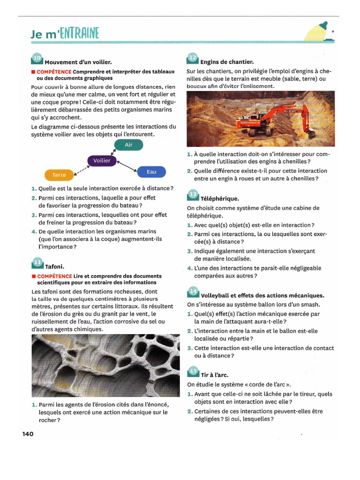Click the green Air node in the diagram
(128, 145)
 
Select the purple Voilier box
(102, 161)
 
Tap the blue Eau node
(151, 172)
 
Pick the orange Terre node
(59, 175)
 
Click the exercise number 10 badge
(37, 59)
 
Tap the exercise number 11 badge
(37, 263)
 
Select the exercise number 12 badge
(193, 59)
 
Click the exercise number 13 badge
(193, 195)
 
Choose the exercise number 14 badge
(193, 292)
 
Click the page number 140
(28, 434)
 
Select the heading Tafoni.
(54, 267)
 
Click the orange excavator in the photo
(277, 120)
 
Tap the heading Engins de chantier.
(227, 62)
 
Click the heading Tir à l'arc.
(215, 375)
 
